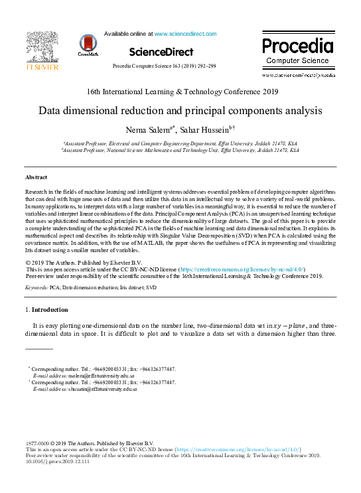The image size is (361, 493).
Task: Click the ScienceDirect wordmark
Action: click(161, 52)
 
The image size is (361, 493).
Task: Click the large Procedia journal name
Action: click(297, 46)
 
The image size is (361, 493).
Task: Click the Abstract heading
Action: click(36, 177)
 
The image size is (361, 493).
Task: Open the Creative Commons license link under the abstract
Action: click(244, 270)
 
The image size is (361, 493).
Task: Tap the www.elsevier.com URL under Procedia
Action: click(299, 76)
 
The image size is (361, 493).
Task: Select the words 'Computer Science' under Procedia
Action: click(297, 61)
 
